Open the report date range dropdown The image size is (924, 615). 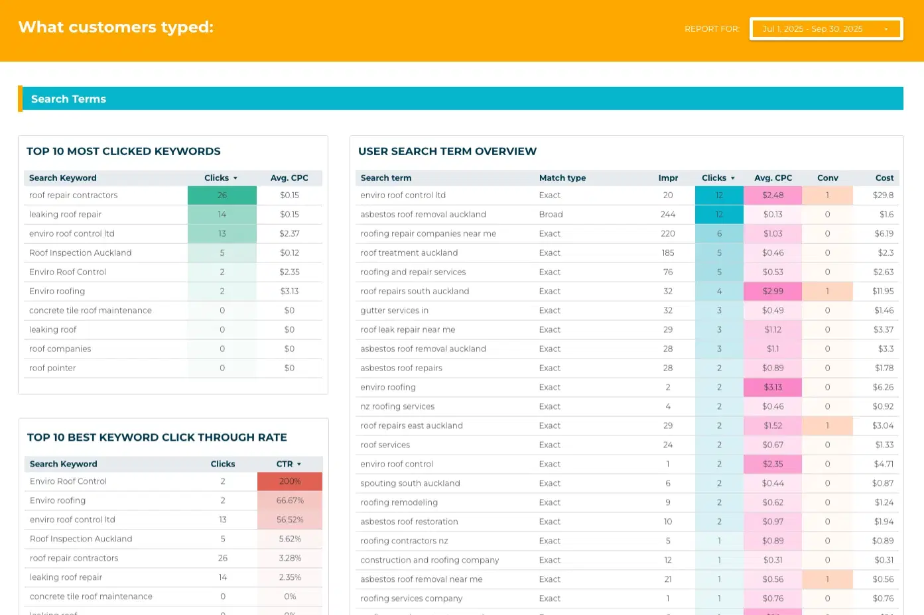tap(826, 29)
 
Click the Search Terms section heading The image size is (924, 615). tap(68, 99)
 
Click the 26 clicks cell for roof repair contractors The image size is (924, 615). tap(222, 196)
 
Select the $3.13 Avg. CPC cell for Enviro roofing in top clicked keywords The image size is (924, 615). tap(289, 291)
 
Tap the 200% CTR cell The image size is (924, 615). tap(290, 481)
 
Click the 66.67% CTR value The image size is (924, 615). tap(290, 500)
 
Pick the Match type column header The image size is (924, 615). tap(562, 178)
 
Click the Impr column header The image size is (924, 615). tap(668, 178)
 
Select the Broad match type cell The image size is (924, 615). tap(551, 214)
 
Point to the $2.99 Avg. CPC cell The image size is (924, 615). tap(773, 291)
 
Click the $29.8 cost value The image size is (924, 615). tap(883, 196)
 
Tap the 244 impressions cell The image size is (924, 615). tap(668, 214)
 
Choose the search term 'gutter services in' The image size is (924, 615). tap(394, 310)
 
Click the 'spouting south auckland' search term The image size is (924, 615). tap(410, 483)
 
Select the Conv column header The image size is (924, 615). tap(827, 178)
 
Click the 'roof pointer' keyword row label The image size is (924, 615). tap(52, 368)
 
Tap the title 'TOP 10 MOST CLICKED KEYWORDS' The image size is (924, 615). tap(123, 151)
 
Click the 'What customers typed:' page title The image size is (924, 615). tap(116, 27)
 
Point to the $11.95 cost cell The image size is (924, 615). tap(883, 291)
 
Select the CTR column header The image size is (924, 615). tap(285, 464)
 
